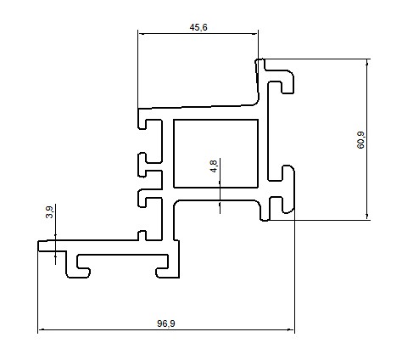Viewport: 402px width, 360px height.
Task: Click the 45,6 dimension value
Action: coord(198,27)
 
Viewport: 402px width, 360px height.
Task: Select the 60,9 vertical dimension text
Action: coord(360,140)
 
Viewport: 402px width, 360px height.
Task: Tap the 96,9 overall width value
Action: coord(166,323)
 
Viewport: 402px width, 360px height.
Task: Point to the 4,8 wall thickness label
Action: coord(214,166)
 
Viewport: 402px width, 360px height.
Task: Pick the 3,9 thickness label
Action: coord(49,212)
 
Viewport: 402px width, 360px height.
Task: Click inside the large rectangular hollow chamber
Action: coord(215,154)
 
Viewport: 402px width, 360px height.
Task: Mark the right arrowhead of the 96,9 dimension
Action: coord(291,329)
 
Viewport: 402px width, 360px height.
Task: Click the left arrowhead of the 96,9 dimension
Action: coord(42,329)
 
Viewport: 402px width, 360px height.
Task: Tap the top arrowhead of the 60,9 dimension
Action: coord(367,63)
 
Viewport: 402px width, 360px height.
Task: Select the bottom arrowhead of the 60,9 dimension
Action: coord(367,217)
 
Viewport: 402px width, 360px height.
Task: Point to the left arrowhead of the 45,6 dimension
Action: coord(142,34)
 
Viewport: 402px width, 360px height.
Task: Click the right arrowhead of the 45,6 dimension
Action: coord(254,34)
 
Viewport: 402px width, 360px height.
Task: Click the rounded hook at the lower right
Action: coord(288,188)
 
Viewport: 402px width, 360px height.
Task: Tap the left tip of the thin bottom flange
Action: coord(38,245)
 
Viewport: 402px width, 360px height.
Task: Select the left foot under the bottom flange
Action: coord(78,271)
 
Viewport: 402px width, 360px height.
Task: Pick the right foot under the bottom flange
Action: coord(168,273)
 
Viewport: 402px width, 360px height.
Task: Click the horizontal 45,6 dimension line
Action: coord(198,34)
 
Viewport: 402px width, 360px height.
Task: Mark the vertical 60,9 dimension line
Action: coord(367,139)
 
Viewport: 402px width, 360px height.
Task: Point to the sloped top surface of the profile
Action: coord(198,107)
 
